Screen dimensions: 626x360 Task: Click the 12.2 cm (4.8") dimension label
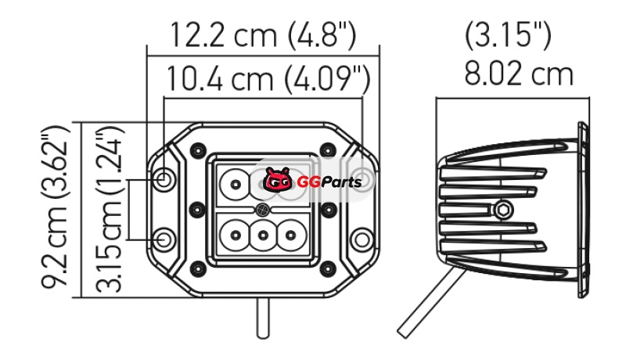tap(263, 34)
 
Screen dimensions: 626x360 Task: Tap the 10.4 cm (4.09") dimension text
tap(268, 78)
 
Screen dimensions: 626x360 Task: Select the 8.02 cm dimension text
tap(519, 74)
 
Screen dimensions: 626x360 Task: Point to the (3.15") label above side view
tap(508, 35)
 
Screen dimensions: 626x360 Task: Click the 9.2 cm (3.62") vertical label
tap(56, 207)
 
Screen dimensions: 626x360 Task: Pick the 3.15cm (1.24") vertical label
tap(108, 211)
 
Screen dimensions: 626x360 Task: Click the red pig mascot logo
tap(279, 180)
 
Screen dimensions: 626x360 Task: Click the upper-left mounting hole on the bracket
tap(164, 178)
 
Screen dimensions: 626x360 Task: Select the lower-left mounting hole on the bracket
tap(164, 239)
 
